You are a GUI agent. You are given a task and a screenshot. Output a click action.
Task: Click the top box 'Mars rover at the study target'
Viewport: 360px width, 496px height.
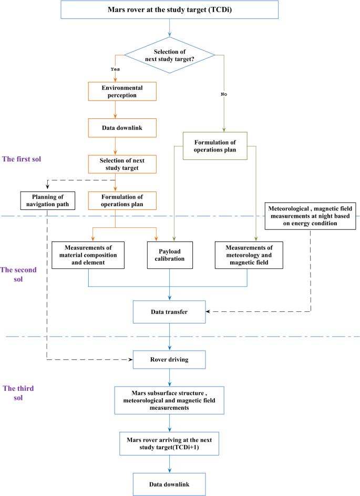pos(169,10)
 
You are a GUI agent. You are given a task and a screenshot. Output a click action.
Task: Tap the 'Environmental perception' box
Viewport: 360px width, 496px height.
pos(122,91)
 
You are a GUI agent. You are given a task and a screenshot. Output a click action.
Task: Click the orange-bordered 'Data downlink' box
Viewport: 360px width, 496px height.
pos(122,128)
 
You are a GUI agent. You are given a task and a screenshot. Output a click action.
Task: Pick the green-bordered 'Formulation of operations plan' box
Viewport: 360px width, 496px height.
pos(215,146)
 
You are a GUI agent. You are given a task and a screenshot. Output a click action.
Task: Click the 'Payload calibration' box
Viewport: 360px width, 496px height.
pos(169,255)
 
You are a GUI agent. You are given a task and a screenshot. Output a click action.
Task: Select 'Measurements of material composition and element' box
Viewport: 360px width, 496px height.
pos(88,255)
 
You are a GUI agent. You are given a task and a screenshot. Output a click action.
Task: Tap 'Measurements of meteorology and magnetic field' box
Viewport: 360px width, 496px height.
pos(249,255)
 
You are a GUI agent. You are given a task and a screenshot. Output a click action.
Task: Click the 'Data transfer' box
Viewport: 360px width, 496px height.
pos(169,311)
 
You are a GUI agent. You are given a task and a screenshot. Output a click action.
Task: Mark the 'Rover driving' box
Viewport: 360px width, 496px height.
pos(169,360)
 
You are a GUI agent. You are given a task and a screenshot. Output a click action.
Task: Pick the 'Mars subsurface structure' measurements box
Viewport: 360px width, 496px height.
pos(169,400)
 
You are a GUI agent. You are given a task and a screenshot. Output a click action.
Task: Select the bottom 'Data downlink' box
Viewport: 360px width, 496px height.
pos(169,483)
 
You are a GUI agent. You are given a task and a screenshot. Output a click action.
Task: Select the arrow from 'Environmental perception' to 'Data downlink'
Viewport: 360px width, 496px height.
pos(115,109)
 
